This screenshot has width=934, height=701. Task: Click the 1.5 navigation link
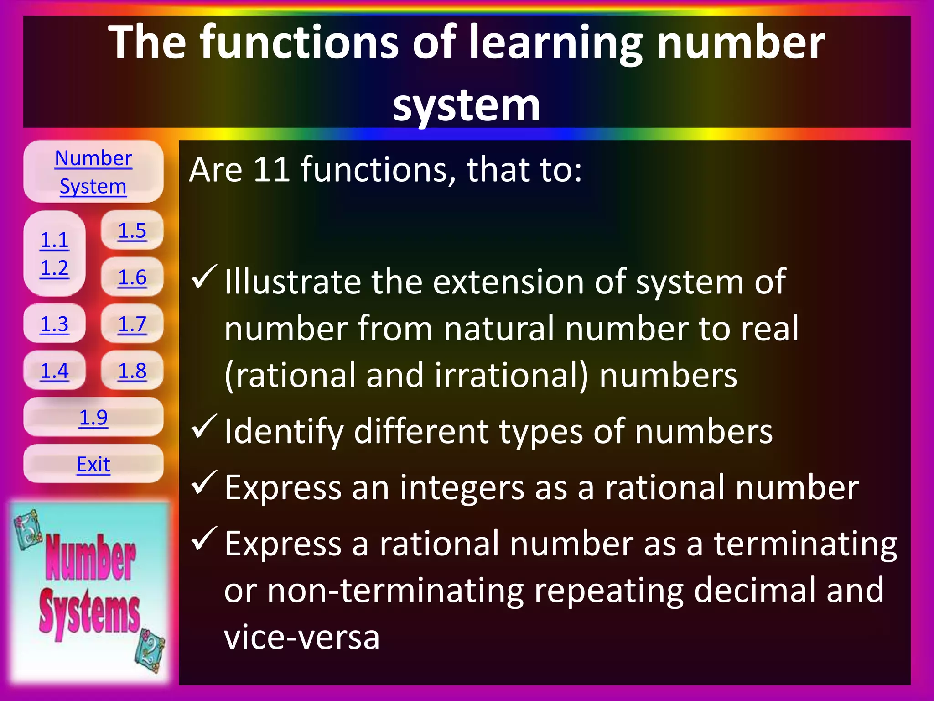[132, 231]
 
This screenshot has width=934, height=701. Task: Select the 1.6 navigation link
[132, 277]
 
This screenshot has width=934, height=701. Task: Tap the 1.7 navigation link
[132, 324]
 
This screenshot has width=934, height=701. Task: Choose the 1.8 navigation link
[132, 371]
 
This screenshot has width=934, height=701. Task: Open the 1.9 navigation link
[93, 417]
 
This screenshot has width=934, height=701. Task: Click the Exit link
[93, 464]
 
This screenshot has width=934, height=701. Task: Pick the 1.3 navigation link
[54, 324]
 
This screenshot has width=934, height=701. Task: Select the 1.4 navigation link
[54, 371]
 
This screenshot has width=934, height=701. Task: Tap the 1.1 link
[54, 240]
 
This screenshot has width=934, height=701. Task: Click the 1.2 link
[54, 268]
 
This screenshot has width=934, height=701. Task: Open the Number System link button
[93, 172]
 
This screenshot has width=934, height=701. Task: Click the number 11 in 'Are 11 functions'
[272, 170]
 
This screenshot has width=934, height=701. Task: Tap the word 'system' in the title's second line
[467, 106]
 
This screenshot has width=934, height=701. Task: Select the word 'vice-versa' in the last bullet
[302, 637]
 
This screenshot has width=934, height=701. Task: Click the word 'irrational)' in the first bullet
[511, 376]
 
